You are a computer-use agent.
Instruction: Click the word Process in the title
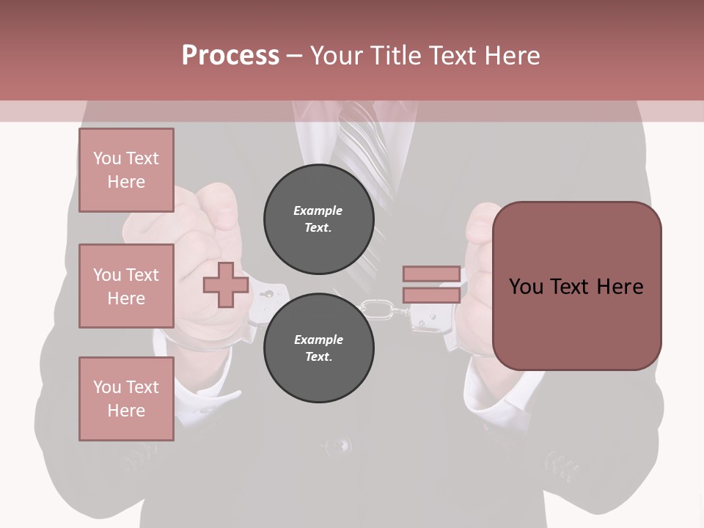coord(230,55)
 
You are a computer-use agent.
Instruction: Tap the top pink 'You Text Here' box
coord(126,170)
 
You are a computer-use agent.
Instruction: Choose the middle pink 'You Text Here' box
coord(126,286)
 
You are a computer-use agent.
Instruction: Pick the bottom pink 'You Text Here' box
coord(126,398)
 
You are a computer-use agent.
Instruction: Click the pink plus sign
coord(225,285)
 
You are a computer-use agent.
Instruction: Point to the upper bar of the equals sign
coord(431,274)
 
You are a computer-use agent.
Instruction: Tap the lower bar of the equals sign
coord(431,295)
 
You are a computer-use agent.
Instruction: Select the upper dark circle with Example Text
coord(318,219)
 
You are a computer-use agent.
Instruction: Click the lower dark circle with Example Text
coord(318,348)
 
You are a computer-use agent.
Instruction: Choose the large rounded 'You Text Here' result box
coord(576,286)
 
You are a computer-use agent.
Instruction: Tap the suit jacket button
coord(339,444)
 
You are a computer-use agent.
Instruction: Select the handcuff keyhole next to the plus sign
coord(268,295)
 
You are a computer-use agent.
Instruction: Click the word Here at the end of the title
coord(513,55)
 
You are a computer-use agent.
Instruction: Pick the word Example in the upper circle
coord(318,210)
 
